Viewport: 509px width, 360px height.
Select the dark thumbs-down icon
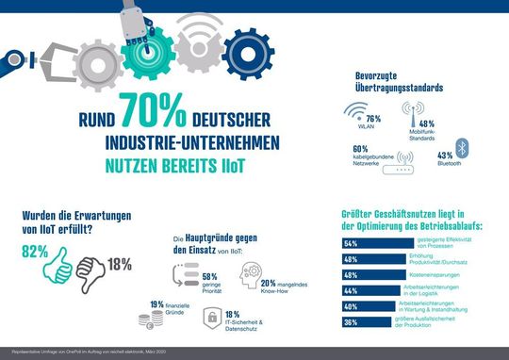tap(94, 271)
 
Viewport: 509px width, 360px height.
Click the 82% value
tap(36, 254)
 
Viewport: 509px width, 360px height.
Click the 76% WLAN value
tap(399, 119)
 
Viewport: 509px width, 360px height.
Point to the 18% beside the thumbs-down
tap(120, 264)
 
